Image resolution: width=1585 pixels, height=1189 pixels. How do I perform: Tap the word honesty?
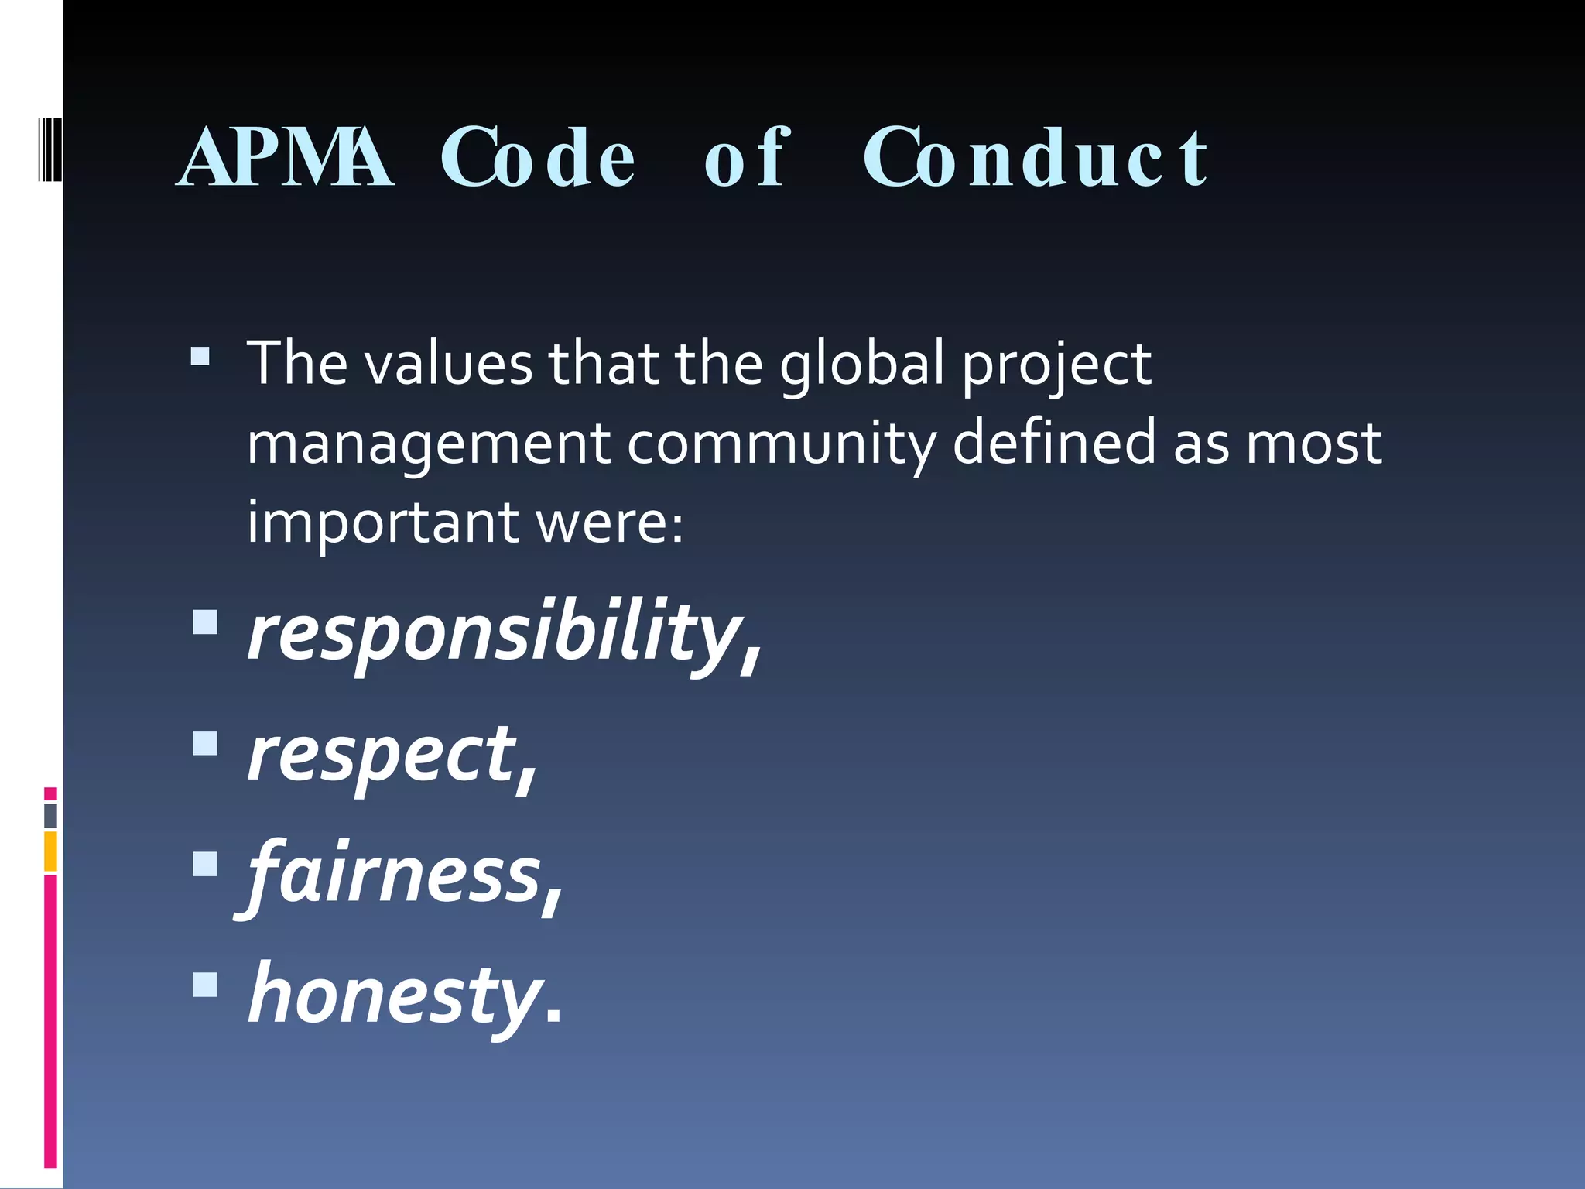coord(395,995)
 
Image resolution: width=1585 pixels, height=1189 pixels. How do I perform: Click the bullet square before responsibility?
coord(205,622)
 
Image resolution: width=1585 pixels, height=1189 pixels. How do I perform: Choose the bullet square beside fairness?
coord(205,863)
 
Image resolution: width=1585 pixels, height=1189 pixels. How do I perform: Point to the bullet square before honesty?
coord(205,984)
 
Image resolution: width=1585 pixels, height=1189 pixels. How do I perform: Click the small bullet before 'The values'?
coord(200,355)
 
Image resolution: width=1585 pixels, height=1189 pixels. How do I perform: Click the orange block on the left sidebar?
coord(50,851)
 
